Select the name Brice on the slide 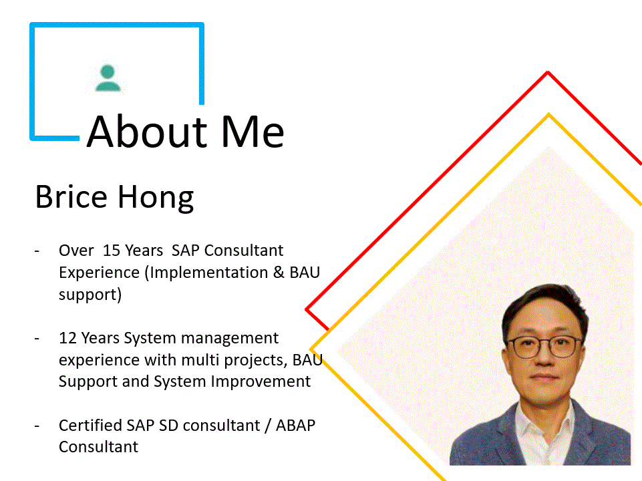(x=71, y=197)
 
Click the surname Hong (x=156, y=198)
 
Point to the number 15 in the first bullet (x=111, y=251)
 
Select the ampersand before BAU (x=279, y=273)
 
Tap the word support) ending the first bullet (x=90, y=295)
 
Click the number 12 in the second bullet (x=67, y=338)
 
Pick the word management (x=230, y=339)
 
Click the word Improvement (x=261, y=381)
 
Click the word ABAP (x=296, y=426)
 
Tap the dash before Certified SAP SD (x=37, y=426)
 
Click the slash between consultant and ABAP (x=268, y=426)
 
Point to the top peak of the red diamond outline (x=548, y=72)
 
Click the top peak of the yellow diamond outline (x=548, y=114)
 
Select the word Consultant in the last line (x=98, y=447)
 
